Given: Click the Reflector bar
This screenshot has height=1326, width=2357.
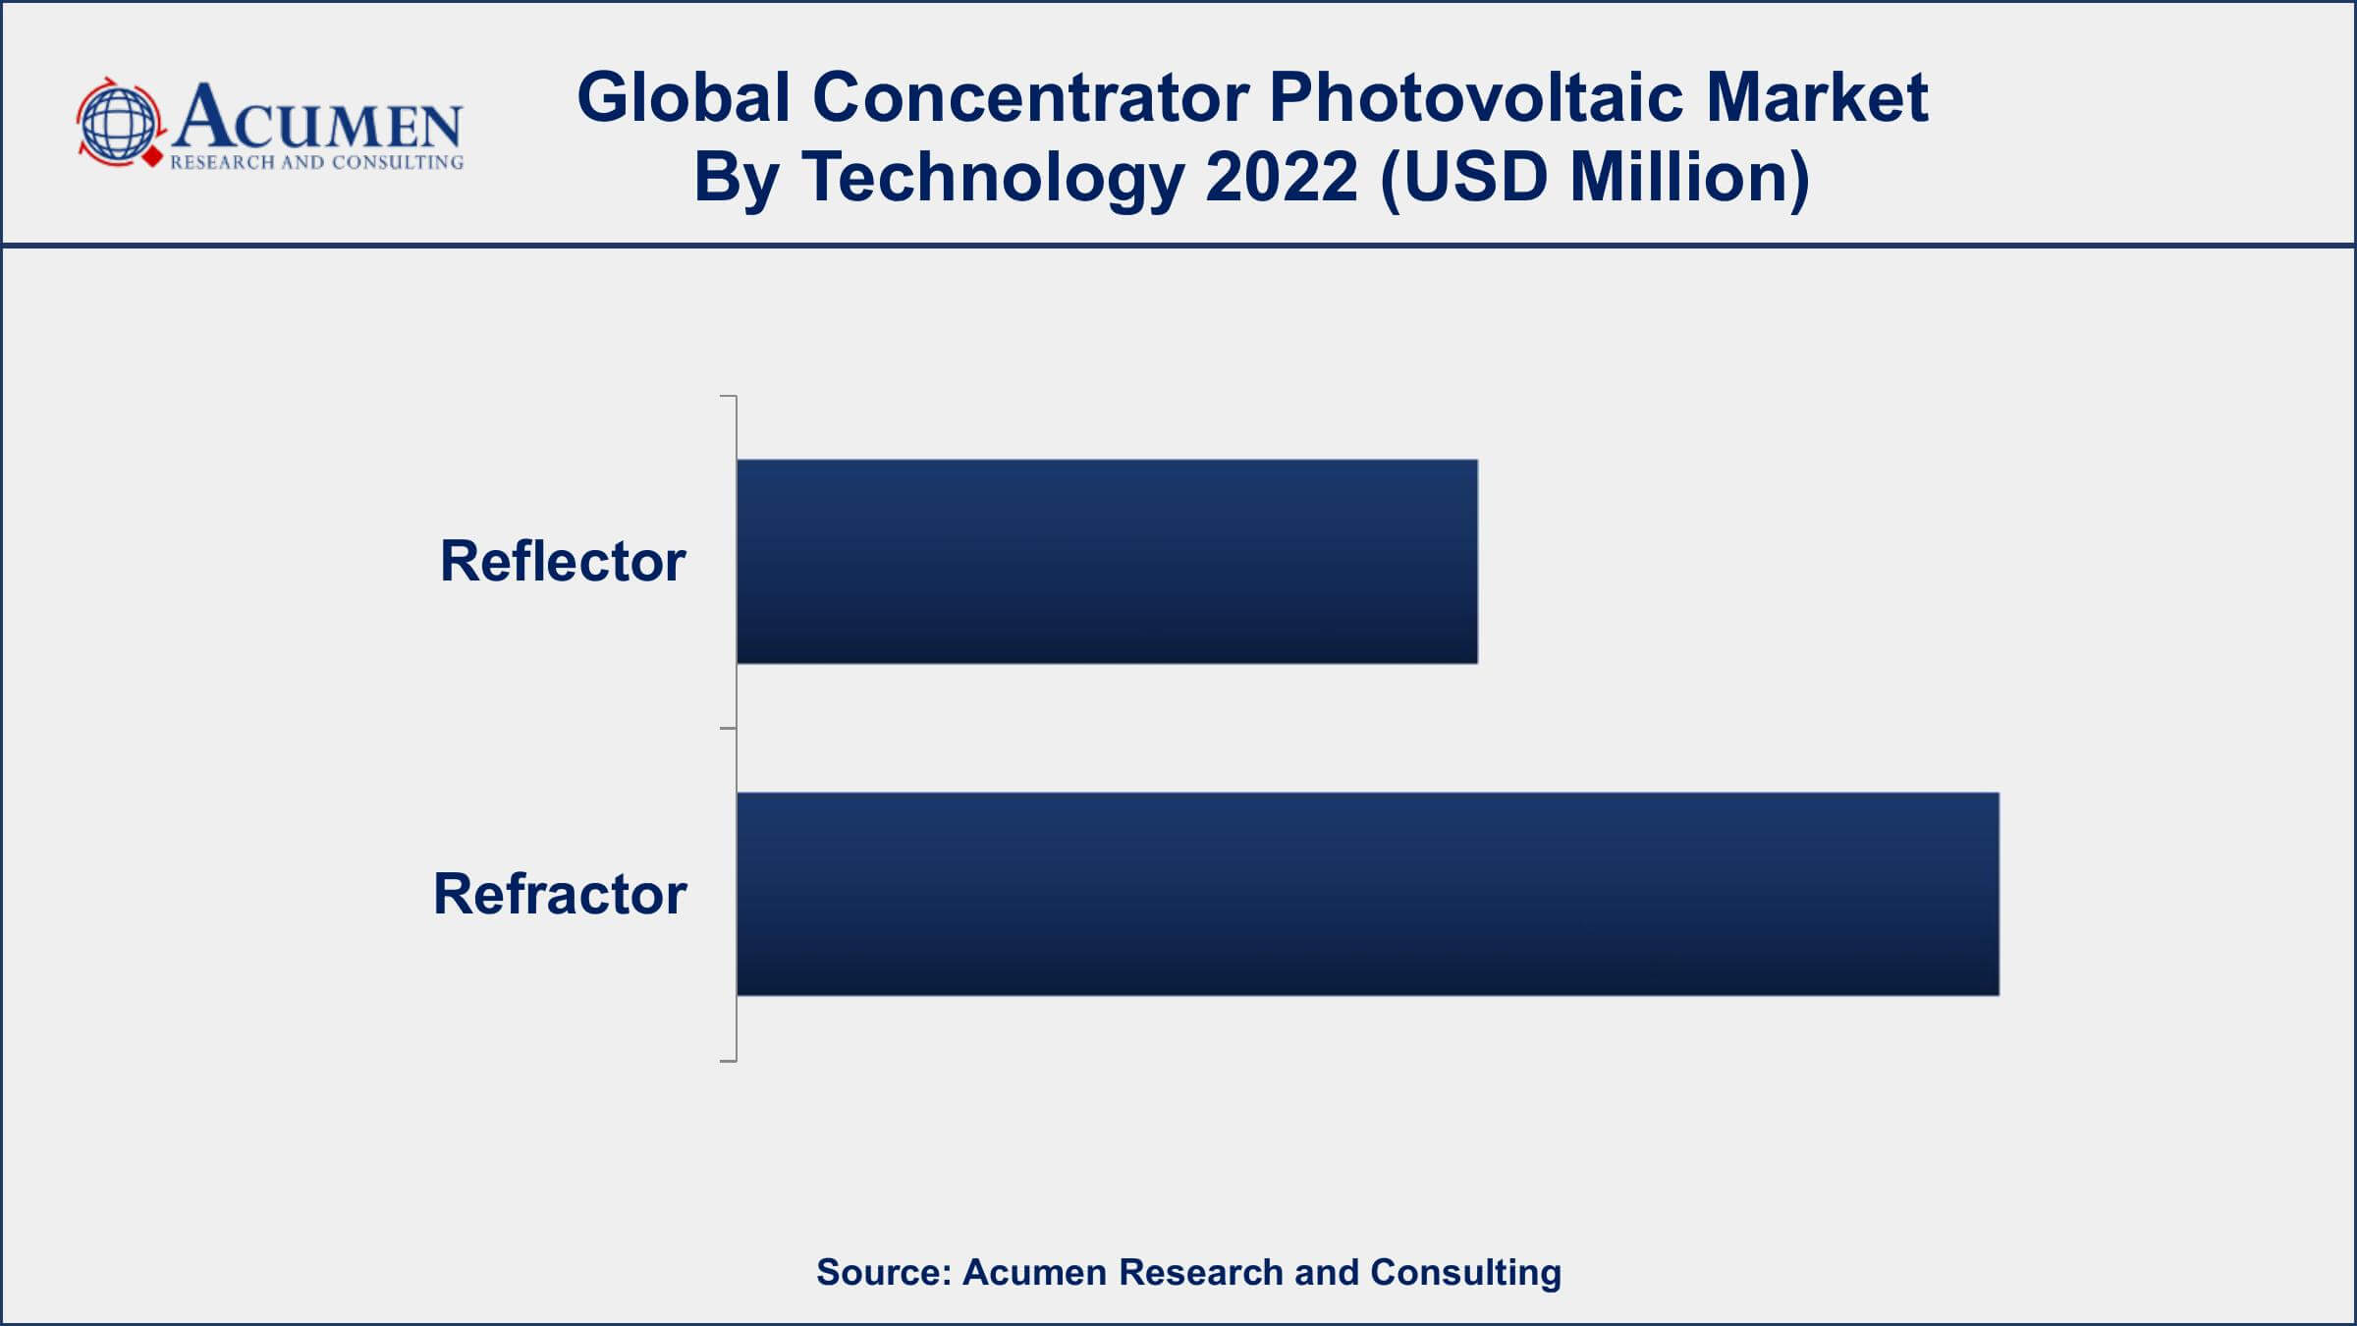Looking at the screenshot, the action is click(1107, 562).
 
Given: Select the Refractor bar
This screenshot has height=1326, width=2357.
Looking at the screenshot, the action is click(1368, 894).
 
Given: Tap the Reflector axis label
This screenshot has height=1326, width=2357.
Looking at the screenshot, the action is click(563, 562).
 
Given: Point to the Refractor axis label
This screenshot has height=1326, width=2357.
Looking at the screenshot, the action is click(560, 894).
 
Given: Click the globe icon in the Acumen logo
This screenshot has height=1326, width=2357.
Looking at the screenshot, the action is click(119, 124).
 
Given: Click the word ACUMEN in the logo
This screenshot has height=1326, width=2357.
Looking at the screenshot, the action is click(316, 115).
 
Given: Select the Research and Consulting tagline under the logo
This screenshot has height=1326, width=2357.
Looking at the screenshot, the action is click(316, 162).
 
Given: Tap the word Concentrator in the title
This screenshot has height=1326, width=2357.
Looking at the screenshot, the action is click(1030, 97).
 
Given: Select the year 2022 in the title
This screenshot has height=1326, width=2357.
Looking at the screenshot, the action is click(1282, 177).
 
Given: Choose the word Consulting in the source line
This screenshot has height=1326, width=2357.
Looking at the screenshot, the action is click(1465, 1273).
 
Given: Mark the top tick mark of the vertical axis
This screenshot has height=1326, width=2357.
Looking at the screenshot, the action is click(729, 396).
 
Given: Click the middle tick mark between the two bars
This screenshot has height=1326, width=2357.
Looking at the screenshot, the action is click(729, 729).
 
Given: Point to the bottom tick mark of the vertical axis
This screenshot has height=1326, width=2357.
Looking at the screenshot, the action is click(729, 1061).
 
